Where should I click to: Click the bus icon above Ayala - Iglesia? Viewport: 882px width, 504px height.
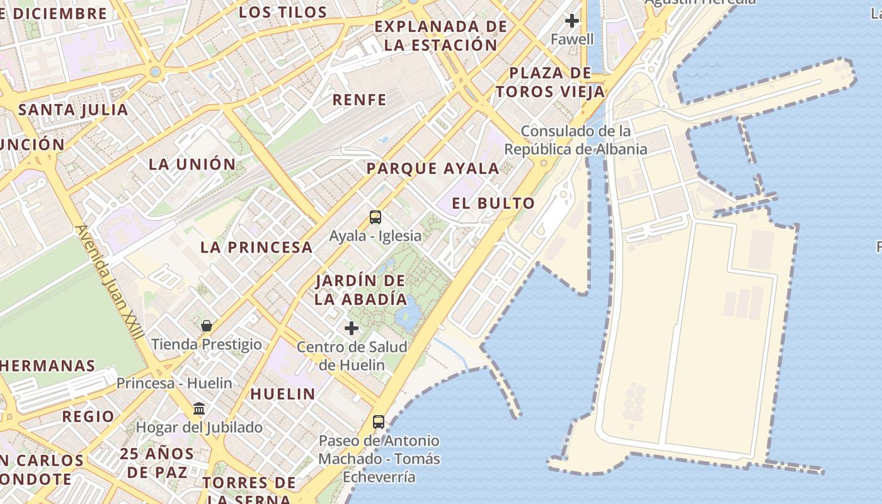[375, 217]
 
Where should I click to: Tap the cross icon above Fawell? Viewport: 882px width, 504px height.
[572, 21]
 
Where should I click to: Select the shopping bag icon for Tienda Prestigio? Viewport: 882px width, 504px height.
[207, 326]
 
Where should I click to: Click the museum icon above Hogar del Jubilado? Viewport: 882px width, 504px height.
[200, 409]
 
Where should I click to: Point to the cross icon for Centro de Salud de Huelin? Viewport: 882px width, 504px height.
[352, 328]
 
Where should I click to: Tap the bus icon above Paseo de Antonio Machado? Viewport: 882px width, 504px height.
[378, 422]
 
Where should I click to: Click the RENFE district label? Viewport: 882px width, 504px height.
[359, 100]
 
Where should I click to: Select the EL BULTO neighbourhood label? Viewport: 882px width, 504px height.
[493, 203]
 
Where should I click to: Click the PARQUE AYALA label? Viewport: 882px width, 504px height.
[433, 169]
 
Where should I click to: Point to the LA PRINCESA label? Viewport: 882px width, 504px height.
[256, 248]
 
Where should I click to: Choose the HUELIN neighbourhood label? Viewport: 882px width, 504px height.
[283, 394]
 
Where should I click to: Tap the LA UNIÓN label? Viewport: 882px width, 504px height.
[192, 164]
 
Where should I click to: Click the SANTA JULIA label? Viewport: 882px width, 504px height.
[73, 110]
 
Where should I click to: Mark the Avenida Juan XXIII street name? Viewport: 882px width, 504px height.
[110, 283]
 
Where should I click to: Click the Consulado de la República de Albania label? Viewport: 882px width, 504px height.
[575, 140]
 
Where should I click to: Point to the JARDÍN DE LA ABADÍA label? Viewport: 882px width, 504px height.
[360, 290]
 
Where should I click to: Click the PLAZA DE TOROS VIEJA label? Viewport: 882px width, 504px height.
[550, 83]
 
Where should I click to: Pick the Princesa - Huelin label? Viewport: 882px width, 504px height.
[175, 383]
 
